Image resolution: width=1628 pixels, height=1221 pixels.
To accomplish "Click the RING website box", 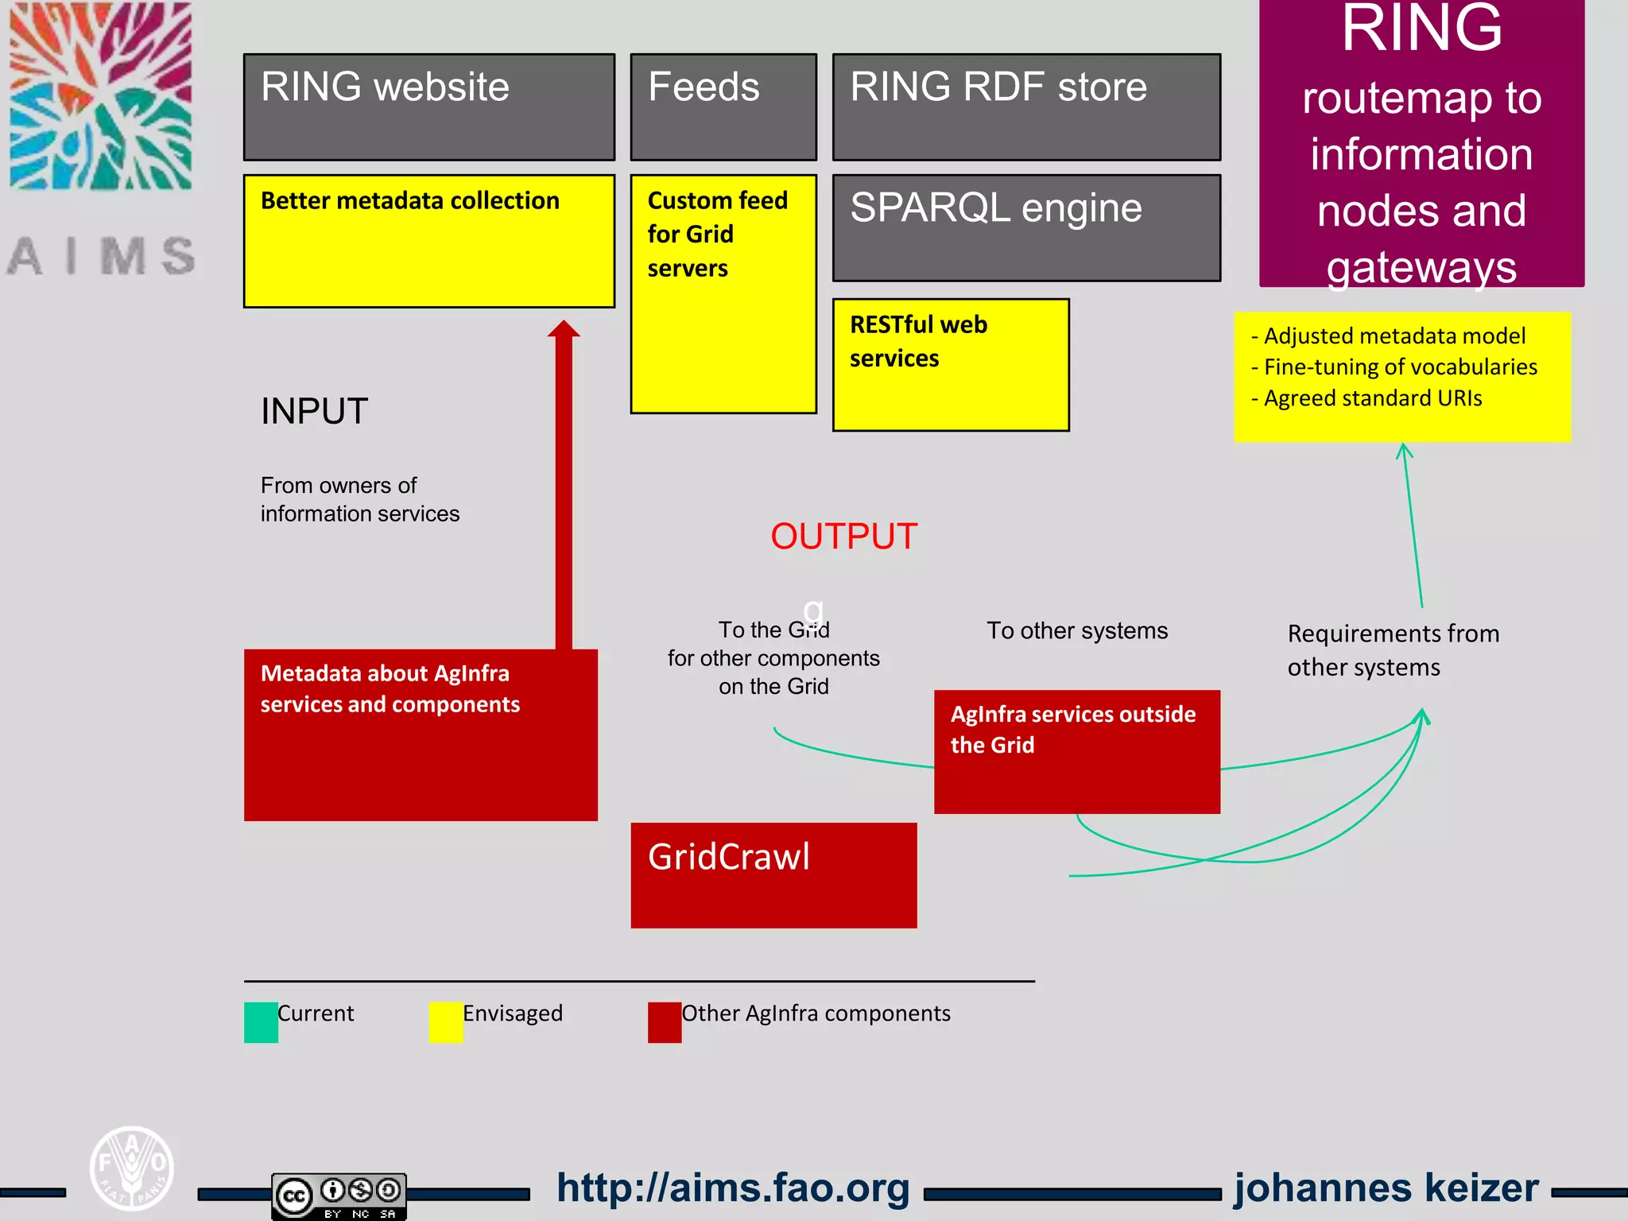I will point(429,107).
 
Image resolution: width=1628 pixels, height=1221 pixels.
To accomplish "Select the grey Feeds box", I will point(723,107).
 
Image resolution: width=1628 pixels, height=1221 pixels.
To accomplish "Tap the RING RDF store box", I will point(1026,107).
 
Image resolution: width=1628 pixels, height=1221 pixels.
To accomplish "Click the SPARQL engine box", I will point(1026,228).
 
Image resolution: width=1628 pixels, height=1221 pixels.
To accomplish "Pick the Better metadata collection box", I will point(429,241).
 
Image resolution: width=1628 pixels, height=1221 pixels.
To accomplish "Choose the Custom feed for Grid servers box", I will point(723,294).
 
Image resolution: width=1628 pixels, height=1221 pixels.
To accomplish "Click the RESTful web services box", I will point(951,365).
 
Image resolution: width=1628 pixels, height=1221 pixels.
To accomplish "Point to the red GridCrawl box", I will point(773,875).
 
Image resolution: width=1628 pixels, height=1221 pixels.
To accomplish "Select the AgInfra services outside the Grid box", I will point(1077,751).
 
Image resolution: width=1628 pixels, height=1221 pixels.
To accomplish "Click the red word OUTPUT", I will point(843,537).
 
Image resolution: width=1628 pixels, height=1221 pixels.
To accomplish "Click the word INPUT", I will point(314,412).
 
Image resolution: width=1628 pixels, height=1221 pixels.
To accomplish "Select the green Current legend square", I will point(261,1022).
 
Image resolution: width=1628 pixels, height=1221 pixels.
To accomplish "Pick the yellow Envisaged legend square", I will point(446,1022).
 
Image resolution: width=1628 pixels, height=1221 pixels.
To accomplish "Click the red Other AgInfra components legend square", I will point(665,1022).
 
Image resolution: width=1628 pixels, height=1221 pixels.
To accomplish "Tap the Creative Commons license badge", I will point(339,1195).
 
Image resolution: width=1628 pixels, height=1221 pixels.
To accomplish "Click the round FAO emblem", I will point(132,1168).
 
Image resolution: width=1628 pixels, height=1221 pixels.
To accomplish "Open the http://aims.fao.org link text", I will point(733,1188).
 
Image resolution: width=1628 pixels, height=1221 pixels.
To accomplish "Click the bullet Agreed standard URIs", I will point(1372,398).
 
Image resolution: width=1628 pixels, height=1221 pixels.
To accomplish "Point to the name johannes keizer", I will point(1386,1188).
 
